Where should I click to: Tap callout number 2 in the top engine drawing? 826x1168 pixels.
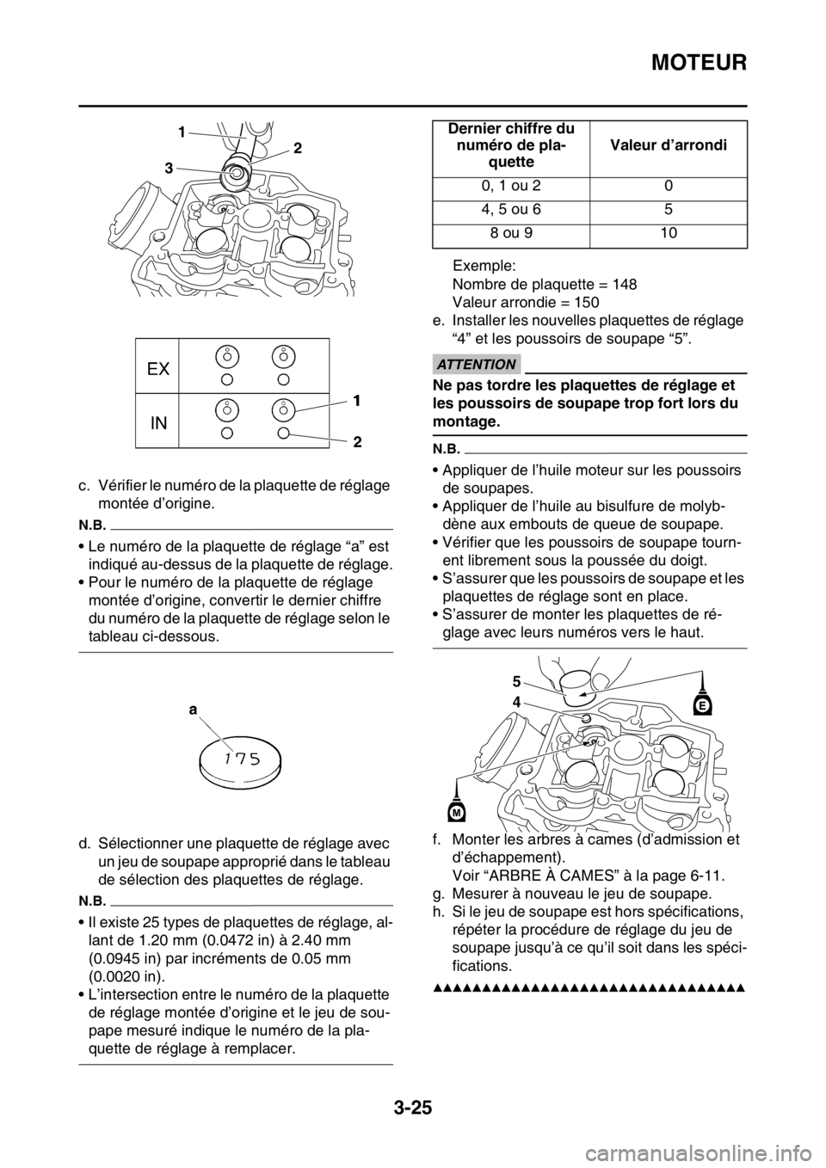pyautogui.click(x=297, y=148)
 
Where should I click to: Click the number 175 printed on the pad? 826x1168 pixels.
pyautogui.click(x=240, y=757)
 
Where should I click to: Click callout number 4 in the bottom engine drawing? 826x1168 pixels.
pyautogui.click(x=517, y=701)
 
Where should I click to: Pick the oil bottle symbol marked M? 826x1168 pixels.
pyautogui.click(x=457, y=808)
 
